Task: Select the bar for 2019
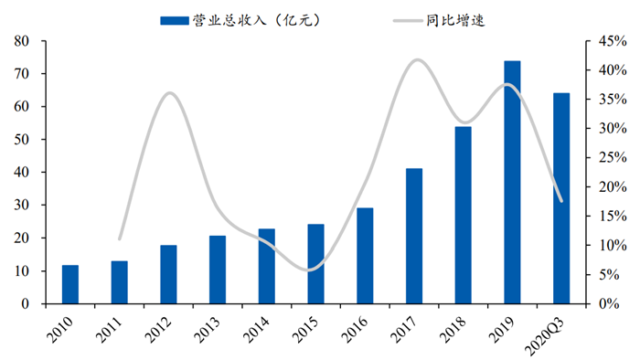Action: coord(512,182)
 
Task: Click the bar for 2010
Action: coord(70,284)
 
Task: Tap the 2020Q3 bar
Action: coord(561,198)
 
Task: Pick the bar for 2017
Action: coord(414,236)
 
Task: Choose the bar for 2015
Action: coord(315,263)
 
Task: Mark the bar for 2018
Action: coord(464,215)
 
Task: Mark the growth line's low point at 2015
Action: coord(311,270)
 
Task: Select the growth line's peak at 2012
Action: coord(170,93)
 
